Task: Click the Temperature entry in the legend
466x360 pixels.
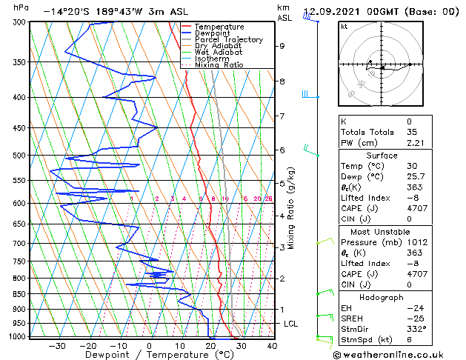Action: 219,27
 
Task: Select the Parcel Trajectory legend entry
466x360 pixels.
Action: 228,39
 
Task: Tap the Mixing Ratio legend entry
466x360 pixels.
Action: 219,65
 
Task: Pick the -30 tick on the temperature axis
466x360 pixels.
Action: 56,345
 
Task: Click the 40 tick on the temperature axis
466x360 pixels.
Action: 272,345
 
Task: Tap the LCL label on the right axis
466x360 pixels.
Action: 291,324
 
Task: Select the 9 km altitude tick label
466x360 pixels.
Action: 282,46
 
